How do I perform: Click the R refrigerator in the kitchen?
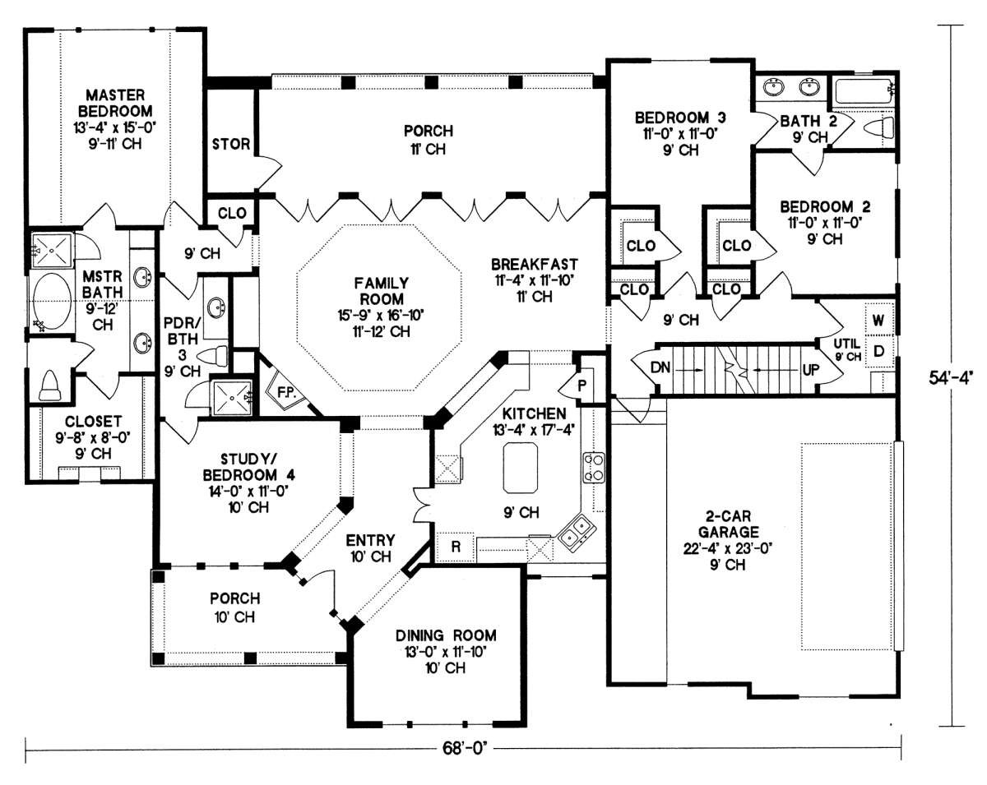(x=453, y=546)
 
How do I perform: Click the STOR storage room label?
(x=230, y=145)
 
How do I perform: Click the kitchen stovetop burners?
(x=594, y=466)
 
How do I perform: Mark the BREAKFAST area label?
(x=534, y=264)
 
